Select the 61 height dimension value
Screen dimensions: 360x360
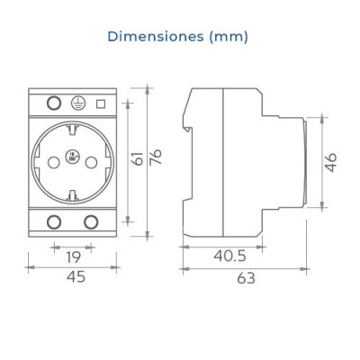point(136,158)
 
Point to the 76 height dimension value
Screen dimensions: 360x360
point(155,158)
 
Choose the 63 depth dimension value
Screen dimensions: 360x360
point(246,278)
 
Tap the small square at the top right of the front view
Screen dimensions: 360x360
point(101,103)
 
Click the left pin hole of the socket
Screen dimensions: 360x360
point(52,161)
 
